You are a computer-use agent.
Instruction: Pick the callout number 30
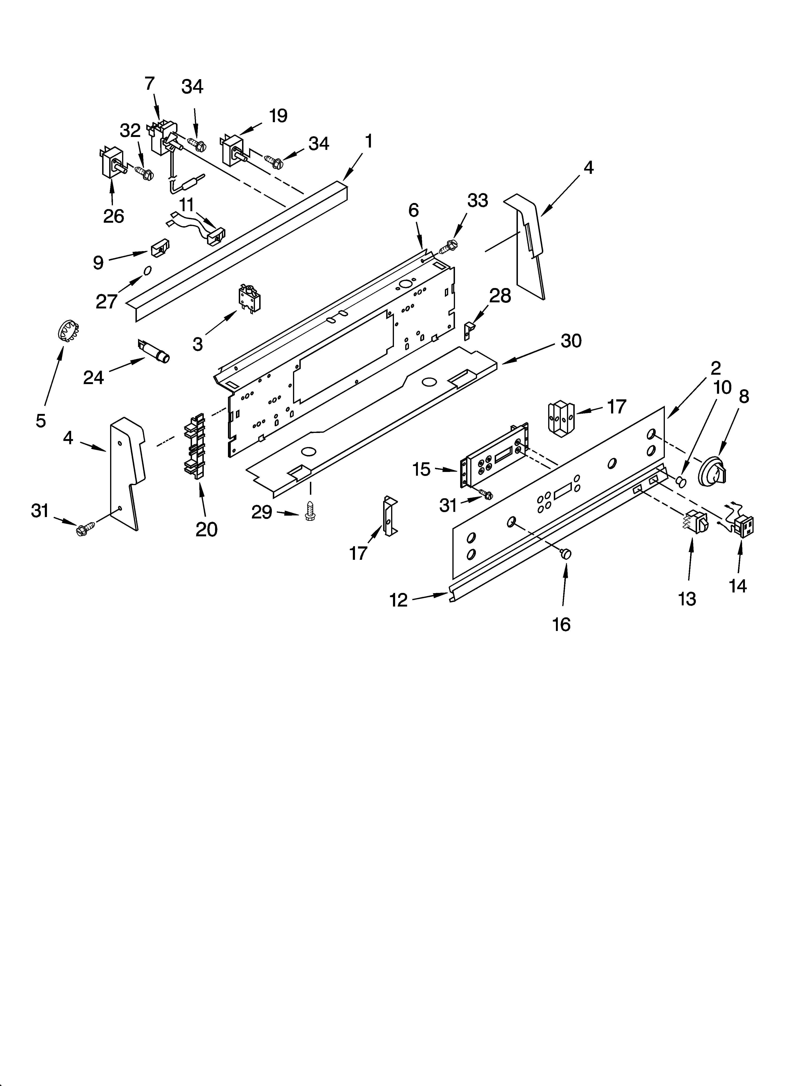[x=570, y=341]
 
